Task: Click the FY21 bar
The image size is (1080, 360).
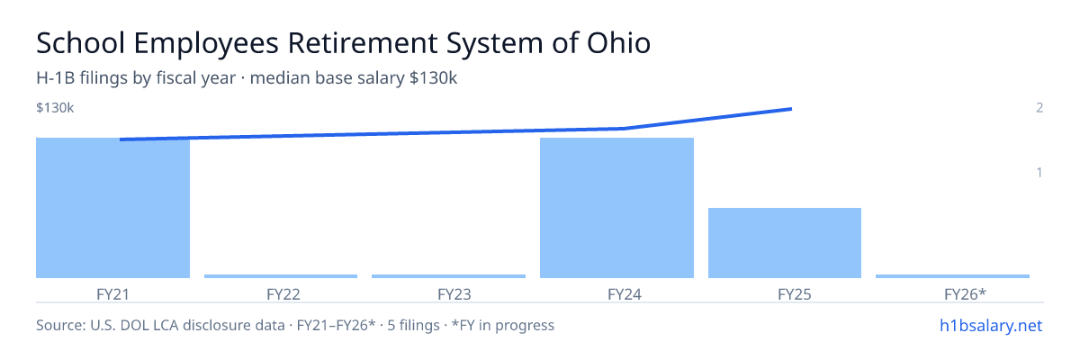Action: (112, 208)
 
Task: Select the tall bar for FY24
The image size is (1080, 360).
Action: (616, 208)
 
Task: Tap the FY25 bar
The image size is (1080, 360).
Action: (785, 243)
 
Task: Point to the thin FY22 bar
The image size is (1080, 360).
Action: (281, 276)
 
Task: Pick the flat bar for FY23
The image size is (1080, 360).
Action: (448, 276)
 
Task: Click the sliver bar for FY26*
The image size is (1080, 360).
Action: (952, 276)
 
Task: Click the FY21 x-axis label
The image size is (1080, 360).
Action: (112, 294)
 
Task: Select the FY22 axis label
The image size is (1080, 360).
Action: (283, 294)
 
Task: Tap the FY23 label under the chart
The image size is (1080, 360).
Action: (454, 294)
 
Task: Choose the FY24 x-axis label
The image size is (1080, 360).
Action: (625, 294)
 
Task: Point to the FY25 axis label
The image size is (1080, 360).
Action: (795, 294)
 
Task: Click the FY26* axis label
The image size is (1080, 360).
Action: (965, 294)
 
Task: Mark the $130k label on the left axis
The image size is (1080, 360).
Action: (55, 108)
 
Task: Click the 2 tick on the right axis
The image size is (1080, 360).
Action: (1039, 108)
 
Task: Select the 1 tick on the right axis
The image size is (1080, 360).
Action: (1039, 173)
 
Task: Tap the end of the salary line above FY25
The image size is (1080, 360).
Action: (791, 109)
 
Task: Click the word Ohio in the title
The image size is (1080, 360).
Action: (618, 43)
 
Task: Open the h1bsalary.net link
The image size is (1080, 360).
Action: (991, 325)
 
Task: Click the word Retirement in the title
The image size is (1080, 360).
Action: (362, 43)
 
